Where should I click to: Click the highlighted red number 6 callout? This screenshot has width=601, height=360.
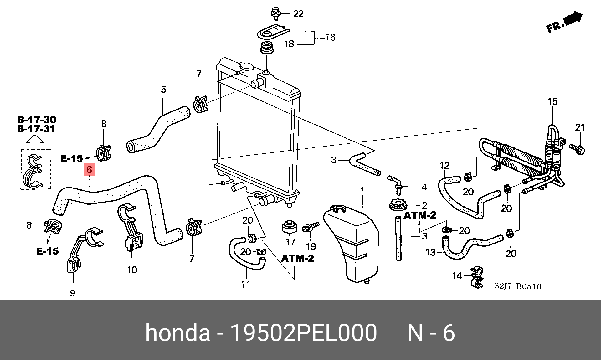click(x=89, y=170)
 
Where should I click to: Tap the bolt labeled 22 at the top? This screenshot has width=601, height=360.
click(x=275, y=13)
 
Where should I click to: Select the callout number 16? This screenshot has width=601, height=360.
click(x=330, y=38)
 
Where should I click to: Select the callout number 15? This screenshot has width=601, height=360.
click(x=553, y=101)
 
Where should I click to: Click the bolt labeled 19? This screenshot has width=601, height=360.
click(x=310, y=227)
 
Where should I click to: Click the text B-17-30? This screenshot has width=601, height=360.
click(x=36, y=120)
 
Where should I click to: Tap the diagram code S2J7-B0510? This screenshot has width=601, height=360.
click(x=517, y=286)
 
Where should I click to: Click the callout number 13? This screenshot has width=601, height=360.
click(x=430, y=252)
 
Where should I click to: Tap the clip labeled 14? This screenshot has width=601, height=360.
click(x=476, y=277)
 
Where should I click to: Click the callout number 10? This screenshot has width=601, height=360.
click(x=132, y=270)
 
